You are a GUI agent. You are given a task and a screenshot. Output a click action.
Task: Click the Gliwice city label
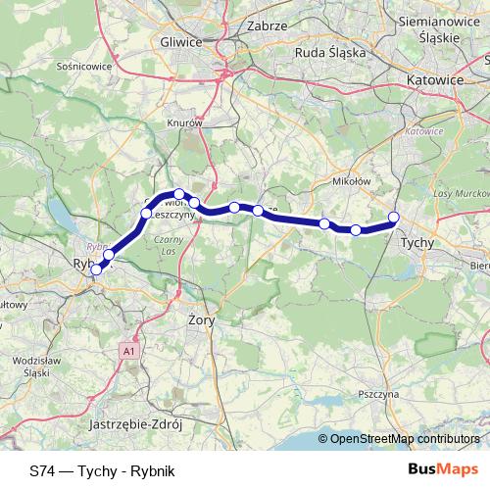point(179,42)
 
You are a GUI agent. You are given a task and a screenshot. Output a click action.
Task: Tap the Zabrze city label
point(266,25)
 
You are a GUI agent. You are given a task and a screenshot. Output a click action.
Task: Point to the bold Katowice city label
point(431,81)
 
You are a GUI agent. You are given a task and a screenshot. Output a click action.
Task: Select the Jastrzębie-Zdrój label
point(136,426)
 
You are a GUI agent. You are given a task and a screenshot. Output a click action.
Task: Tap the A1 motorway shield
point(128,350)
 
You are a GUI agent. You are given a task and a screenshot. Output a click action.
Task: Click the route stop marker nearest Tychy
point(394,218)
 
